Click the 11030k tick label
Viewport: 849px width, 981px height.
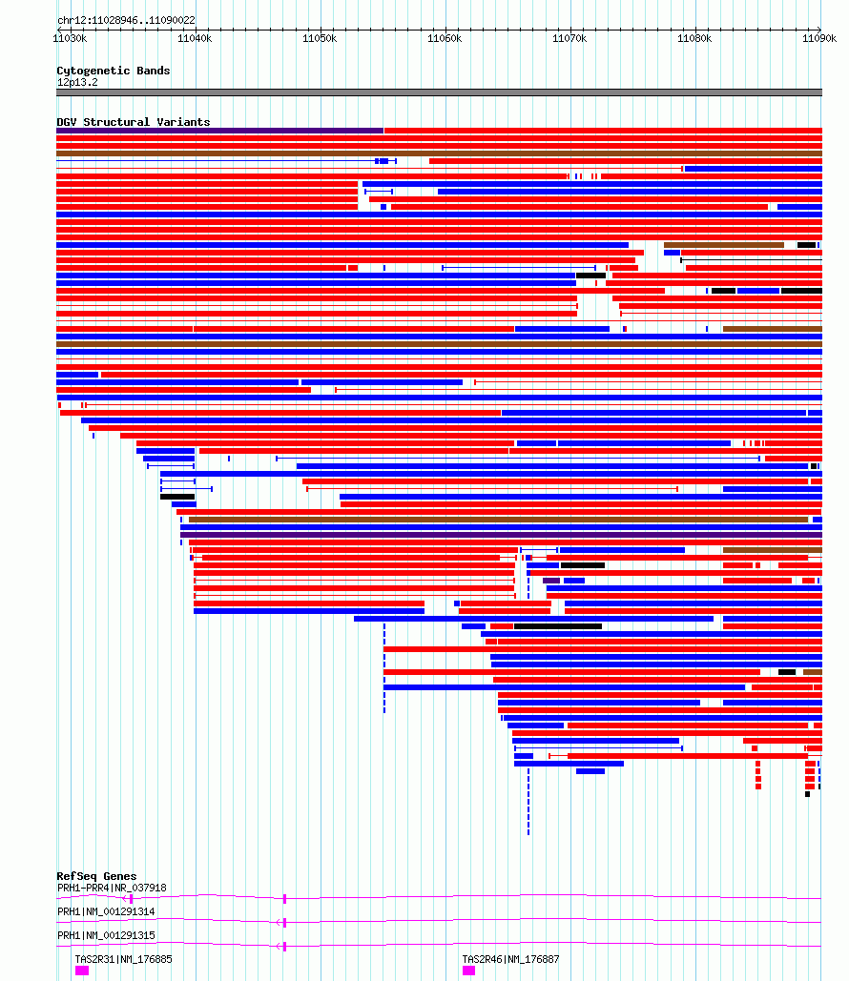click(71, 39)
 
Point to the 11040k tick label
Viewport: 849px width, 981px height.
click(195, 39)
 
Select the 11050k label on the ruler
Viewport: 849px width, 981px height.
click(320, 39)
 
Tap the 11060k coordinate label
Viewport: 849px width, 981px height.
click(445, 39)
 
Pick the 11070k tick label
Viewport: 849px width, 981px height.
click(569, 39)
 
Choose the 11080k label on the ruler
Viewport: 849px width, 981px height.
click(694, 39)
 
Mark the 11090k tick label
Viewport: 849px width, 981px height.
click(819, 39)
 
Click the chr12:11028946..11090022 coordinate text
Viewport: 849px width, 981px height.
click(126, 20)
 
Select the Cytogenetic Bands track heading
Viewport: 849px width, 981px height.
click(114, 71)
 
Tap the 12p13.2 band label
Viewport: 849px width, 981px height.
click(77, 83)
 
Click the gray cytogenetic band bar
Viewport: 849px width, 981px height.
click(439, 92)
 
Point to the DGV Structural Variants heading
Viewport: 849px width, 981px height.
click(134, 122)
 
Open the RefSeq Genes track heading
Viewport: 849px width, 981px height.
click(96, 876)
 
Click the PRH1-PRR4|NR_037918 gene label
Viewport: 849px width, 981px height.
click(112, 888)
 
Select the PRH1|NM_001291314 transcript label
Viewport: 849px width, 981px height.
click(106, 911)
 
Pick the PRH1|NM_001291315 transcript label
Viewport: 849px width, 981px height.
click(106, 935)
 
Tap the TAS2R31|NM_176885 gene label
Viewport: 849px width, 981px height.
click(123, 959)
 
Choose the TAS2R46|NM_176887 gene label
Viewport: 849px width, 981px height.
click(511, 959)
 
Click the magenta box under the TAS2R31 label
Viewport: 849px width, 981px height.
click(82, 971)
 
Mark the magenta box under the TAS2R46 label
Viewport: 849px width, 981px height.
click(469, 971)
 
